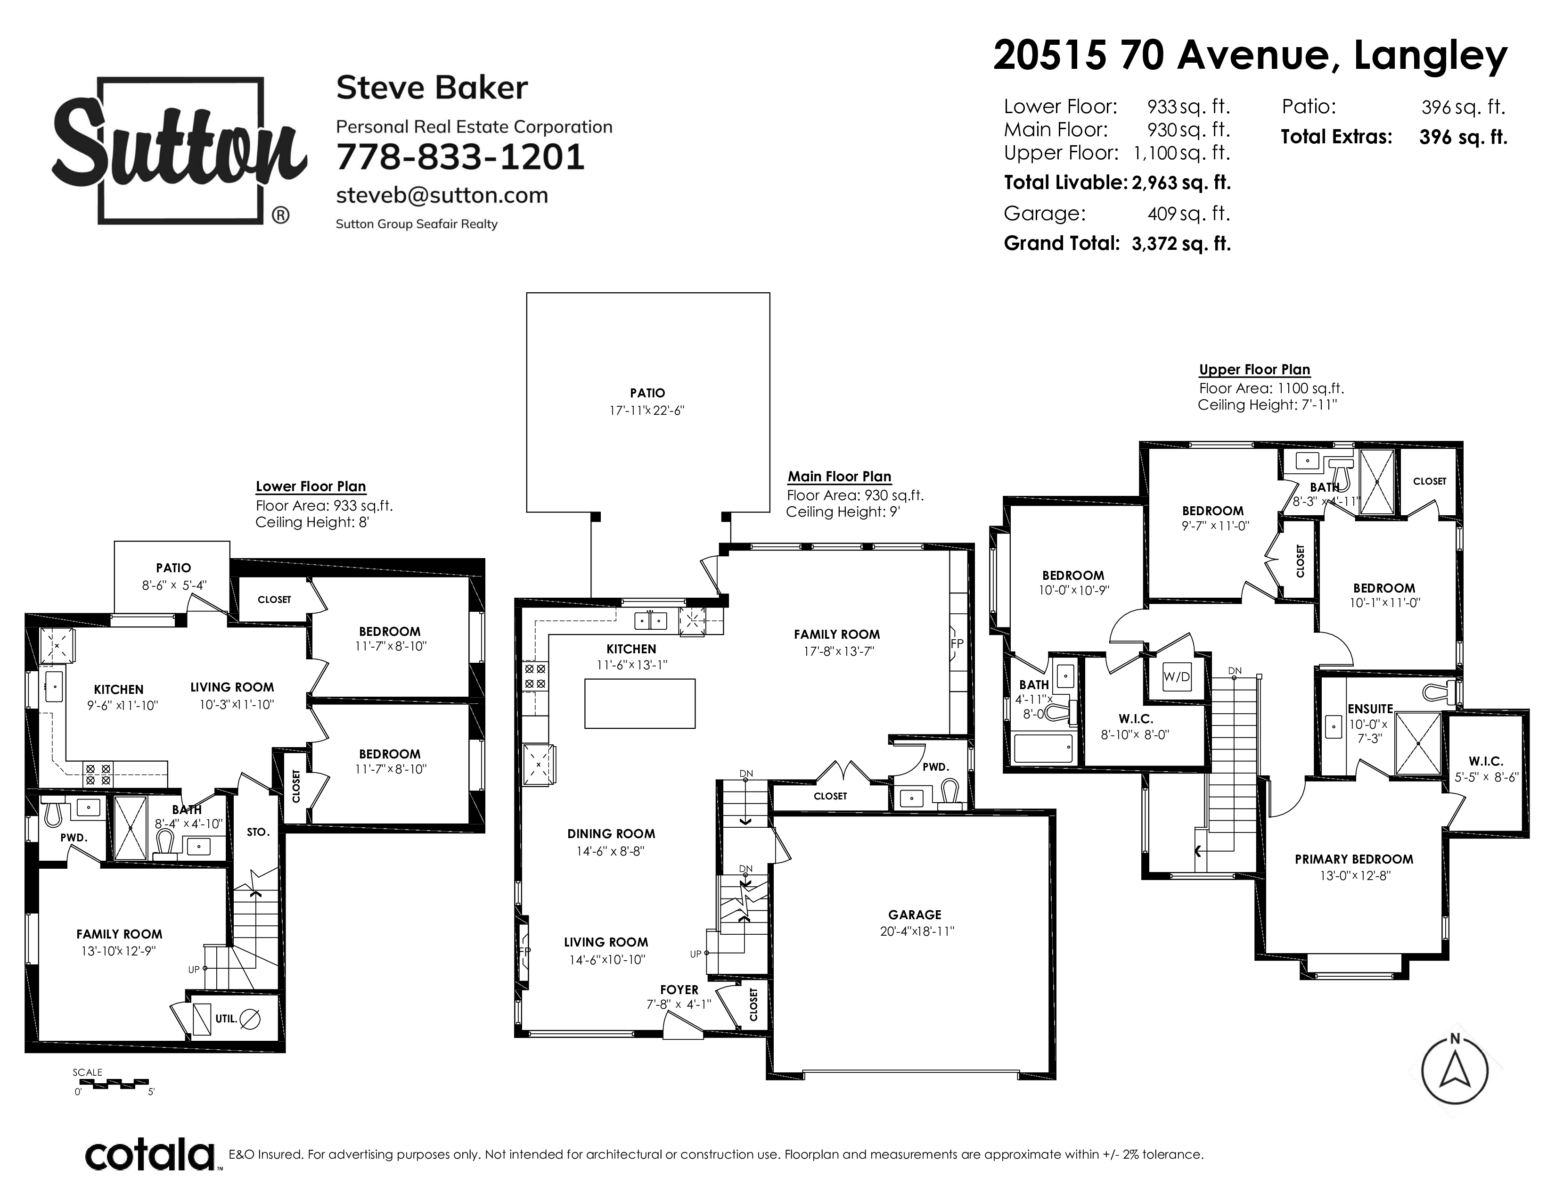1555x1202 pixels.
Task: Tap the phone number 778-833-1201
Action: click(x=460, y=157)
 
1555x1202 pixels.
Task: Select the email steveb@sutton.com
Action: click(x=442, y=195)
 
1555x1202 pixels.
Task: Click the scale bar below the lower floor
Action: click(x=114, y=1085)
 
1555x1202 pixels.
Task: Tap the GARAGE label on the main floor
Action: click(x=914, y=914)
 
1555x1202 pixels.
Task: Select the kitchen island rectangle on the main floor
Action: click(x=639, y=704)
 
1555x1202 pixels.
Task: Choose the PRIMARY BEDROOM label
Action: click(x=1353, y=859)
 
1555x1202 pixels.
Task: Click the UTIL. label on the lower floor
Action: click(x=226, y=1019)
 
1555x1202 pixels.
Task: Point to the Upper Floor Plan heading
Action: click(x=1254, y=370)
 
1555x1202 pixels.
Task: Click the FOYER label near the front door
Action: click(x=679, y=990)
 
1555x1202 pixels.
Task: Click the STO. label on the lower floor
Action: click(x=258, y=832)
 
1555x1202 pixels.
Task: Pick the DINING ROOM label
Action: click(x=611, y=834)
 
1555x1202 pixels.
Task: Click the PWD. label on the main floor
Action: click(x=935, y=767)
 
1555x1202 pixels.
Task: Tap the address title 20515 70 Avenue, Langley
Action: click(x=1250, y=56)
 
